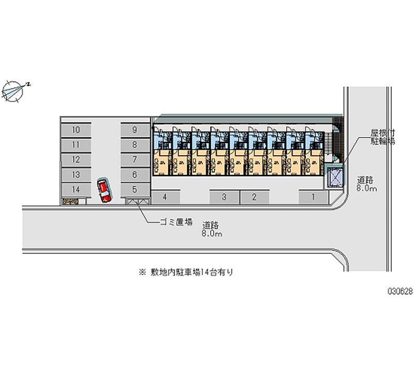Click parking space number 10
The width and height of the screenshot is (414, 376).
[x=76, y=130]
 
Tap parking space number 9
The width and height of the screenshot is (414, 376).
[x=135, y=130]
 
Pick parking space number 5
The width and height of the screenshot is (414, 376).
[x=135, y=190]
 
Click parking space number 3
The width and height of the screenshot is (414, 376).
[x=224, y=197]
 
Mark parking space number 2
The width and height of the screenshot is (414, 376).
[x=255, y=197]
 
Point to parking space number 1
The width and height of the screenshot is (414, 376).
[x=313, y=197]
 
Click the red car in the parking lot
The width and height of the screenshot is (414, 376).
[x=104, y=191]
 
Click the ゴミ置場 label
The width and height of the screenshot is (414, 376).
[x=176, y=222]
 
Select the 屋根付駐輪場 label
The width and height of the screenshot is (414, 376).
[x=382, y=137]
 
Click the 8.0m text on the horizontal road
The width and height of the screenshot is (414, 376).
[x=212, y=234]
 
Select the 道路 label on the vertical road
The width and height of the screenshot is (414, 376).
[x=366, y=180]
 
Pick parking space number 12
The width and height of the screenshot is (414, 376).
[x=76, y=160]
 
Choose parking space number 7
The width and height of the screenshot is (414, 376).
[x=135, y=160]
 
